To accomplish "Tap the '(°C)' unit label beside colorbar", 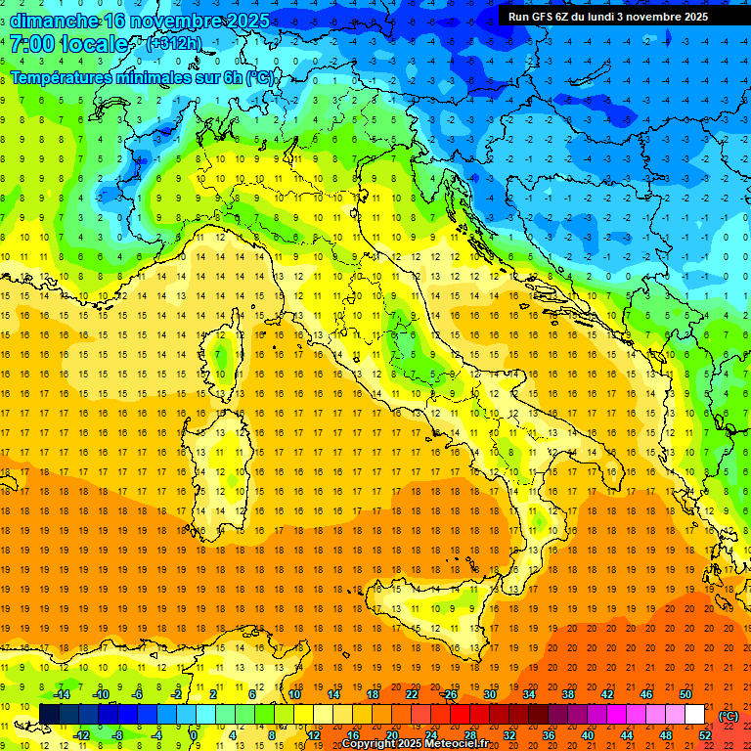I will click(x=729, y=715).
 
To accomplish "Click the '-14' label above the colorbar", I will click(x=61, y=694).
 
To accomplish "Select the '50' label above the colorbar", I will click(x=685, y=694).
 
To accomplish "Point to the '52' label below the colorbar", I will click(x=704, y=735).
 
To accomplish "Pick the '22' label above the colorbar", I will click(x=411, y=694).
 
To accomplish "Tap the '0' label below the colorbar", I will click(x=194, y=735).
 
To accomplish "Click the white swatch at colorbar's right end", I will click(x=694, y=715).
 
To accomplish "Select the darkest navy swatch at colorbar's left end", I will click(x=49, y=715).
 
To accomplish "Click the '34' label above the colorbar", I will click(x=529, y=694).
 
